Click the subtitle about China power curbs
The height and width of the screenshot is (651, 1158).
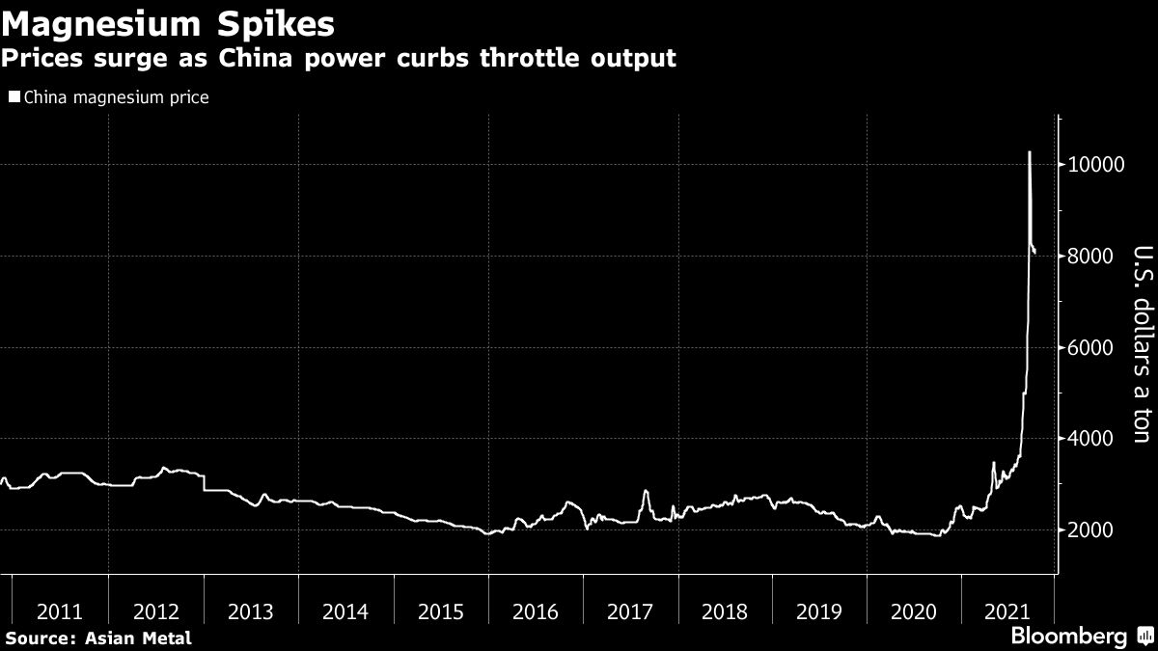(x=338, y=58)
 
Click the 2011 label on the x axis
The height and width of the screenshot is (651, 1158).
(x=60, y=611)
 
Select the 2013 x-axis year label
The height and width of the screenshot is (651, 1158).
(x=250, y=611)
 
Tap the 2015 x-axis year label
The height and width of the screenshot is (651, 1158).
(x=440, y=611)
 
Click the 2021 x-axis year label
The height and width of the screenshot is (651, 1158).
(x=1008, y=611)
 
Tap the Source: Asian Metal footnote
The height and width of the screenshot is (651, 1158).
(x=97, y=637)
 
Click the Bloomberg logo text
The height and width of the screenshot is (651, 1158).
(x=1068, y=637)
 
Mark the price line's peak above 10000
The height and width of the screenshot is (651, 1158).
(x=1030, y=152)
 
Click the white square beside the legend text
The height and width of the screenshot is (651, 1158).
(x=14, y=97)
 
